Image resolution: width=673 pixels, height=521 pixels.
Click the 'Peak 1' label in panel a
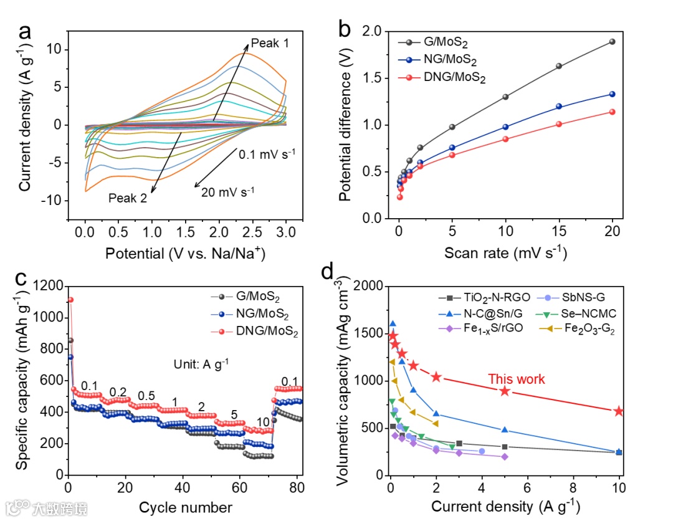(270, 44)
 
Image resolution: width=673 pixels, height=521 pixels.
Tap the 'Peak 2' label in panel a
(128, 198)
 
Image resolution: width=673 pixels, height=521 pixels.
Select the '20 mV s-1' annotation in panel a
(228, 192)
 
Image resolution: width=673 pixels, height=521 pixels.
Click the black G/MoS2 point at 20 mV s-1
(612, 42)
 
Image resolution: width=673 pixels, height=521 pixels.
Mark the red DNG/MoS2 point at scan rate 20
(612, 112)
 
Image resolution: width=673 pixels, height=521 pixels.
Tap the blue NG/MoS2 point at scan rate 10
(505, 127)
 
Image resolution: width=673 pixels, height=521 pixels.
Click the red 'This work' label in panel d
(516, 379)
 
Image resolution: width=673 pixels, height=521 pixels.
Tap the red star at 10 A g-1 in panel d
(619, 411)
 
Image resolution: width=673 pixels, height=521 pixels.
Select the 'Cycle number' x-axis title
(185, 507)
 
